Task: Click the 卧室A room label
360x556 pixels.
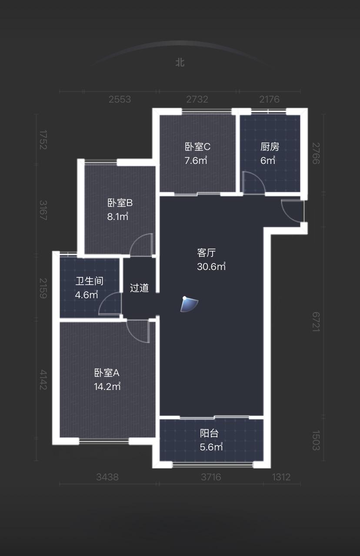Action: click(107, 373)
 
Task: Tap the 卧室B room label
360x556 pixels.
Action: click(120, 203)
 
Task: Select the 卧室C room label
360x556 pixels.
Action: click(198, 146)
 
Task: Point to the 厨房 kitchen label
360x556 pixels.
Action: click(270, 146)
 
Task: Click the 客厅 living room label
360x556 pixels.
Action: click(207, 253)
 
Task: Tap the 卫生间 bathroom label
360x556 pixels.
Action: click(90, 281)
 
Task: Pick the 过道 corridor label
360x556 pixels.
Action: click(139, 288)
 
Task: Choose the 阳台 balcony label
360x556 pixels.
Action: click(209, 433)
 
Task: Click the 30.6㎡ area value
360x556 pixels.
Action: click(211, 266)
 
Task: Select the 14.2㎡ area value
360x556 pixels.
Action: click(107, 386)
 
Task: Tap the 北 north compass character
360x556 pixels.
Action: click(180, 63)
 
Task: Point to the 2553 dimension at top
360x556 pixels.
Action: click(120, 99)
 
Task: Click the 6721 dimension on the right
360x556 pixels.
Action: click(316, 322)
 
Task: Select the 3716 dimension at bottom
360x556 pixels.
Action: click(211, 477)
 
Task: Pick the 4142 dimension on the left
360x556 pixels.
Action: click(43, 380)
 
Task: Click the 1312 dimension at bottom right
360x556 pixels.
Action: click(281, 477)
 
